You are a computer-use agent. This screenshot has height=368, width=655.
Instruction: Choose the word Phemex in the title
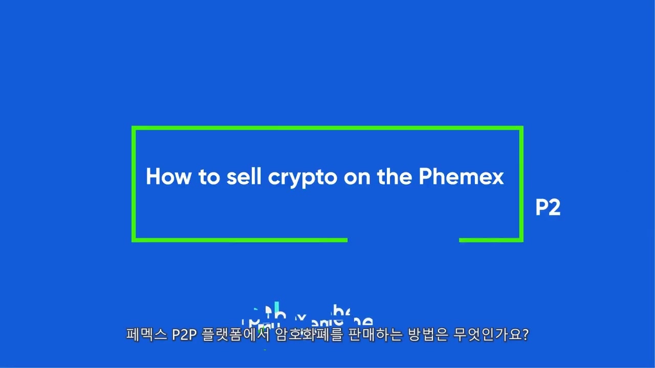461,176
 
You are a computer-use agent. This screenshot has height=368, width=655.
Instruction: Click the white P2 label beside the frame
548,208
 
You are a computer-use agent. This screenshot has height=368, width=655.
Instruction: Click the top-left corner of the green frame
134,128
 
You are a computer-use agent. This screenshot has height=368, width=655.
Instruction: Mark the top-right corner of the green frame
521,128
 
